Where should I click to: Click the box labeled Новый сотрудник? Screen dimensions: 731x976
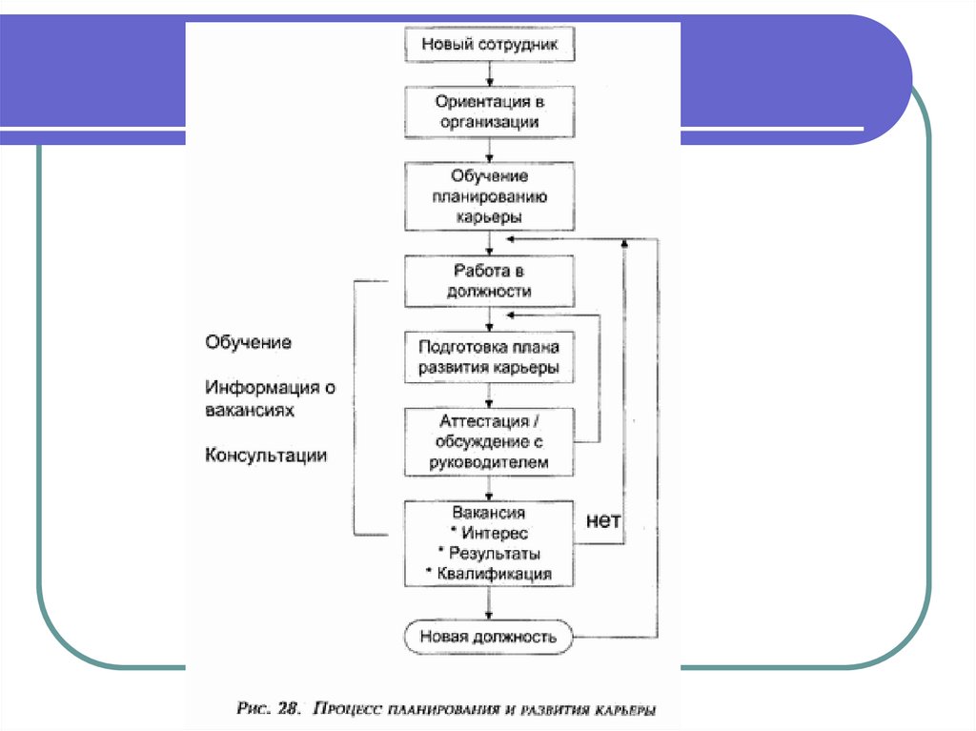490,44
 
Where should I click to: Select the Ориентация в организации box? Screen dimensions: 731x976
490,111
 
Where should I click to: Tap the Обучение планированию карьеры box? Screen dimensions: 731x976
490,196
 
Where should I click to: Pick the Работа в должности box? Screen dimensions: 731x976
490,281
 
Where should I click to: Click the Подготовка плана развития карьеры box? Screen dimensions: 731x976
490,357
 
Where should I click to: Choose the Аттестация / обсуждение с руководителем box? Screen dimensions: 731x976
490,441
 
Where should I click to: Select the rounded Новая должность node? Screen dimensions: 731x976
490,637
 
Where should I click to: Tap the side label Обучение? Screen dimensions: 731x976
248,341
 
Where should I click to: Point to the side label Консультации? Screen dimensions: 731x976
266,456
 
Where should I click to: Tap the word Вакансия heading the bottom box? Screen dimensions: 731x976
490,513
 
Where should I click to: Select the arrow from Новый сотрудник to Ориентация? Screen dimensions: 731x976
490,73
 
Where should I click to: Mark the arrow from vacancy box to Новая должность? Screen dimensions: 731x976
490,604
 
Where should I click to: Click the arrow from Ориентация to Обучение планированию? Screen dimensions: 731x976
490,149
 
